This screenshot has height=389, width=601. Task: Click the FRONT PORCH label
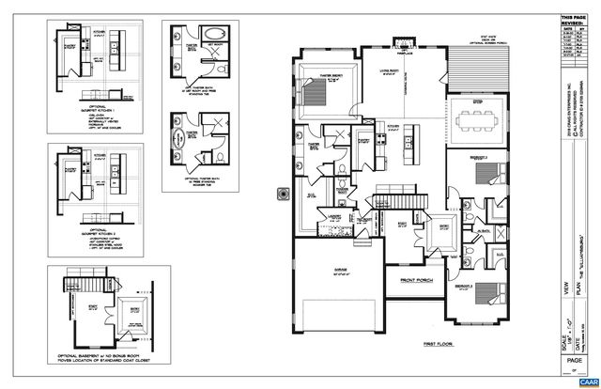tap(416, 278)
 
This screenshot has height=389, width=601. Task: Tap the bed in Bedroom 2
tap(486, 175)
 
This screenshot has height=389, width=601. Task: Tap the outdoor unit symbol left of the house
tap(281, 194)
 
